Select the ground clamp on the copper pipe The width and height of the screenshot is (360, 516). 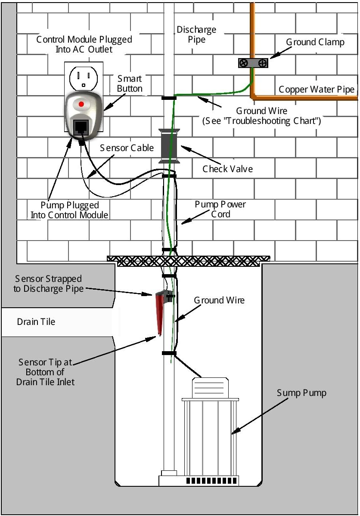pos(253,63)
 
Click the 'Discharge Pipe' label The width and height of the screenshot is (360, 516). pos(196,34)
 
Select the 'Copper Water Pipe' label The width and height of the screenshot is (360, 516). pos(317,90)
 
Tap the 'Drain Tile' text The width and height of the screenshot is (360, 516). pos(36,321)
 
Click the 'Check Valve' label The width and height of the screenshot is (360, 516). pos(227,168)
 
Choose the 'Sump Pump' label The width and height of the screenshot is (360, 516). pos(301,392)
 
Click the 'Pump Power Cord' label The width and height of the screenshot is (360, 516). pos(220,209)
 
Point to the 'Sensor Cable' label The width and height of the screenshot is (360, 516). pos(127,148)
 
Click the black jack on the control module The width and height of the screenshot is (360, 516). pos(81,126)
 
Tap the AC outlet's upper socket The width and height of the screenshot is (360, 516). pos(83,77)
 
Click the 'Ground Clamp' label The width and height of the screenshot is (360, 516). pos(315,42)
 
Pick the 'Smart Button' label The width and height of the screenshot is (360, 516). pos(130,83)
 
